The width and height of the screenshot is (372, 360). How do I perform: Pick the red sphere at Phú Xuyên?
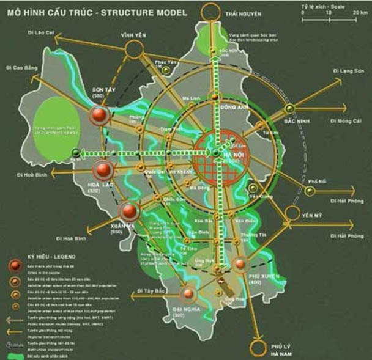tap(240, 264)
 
